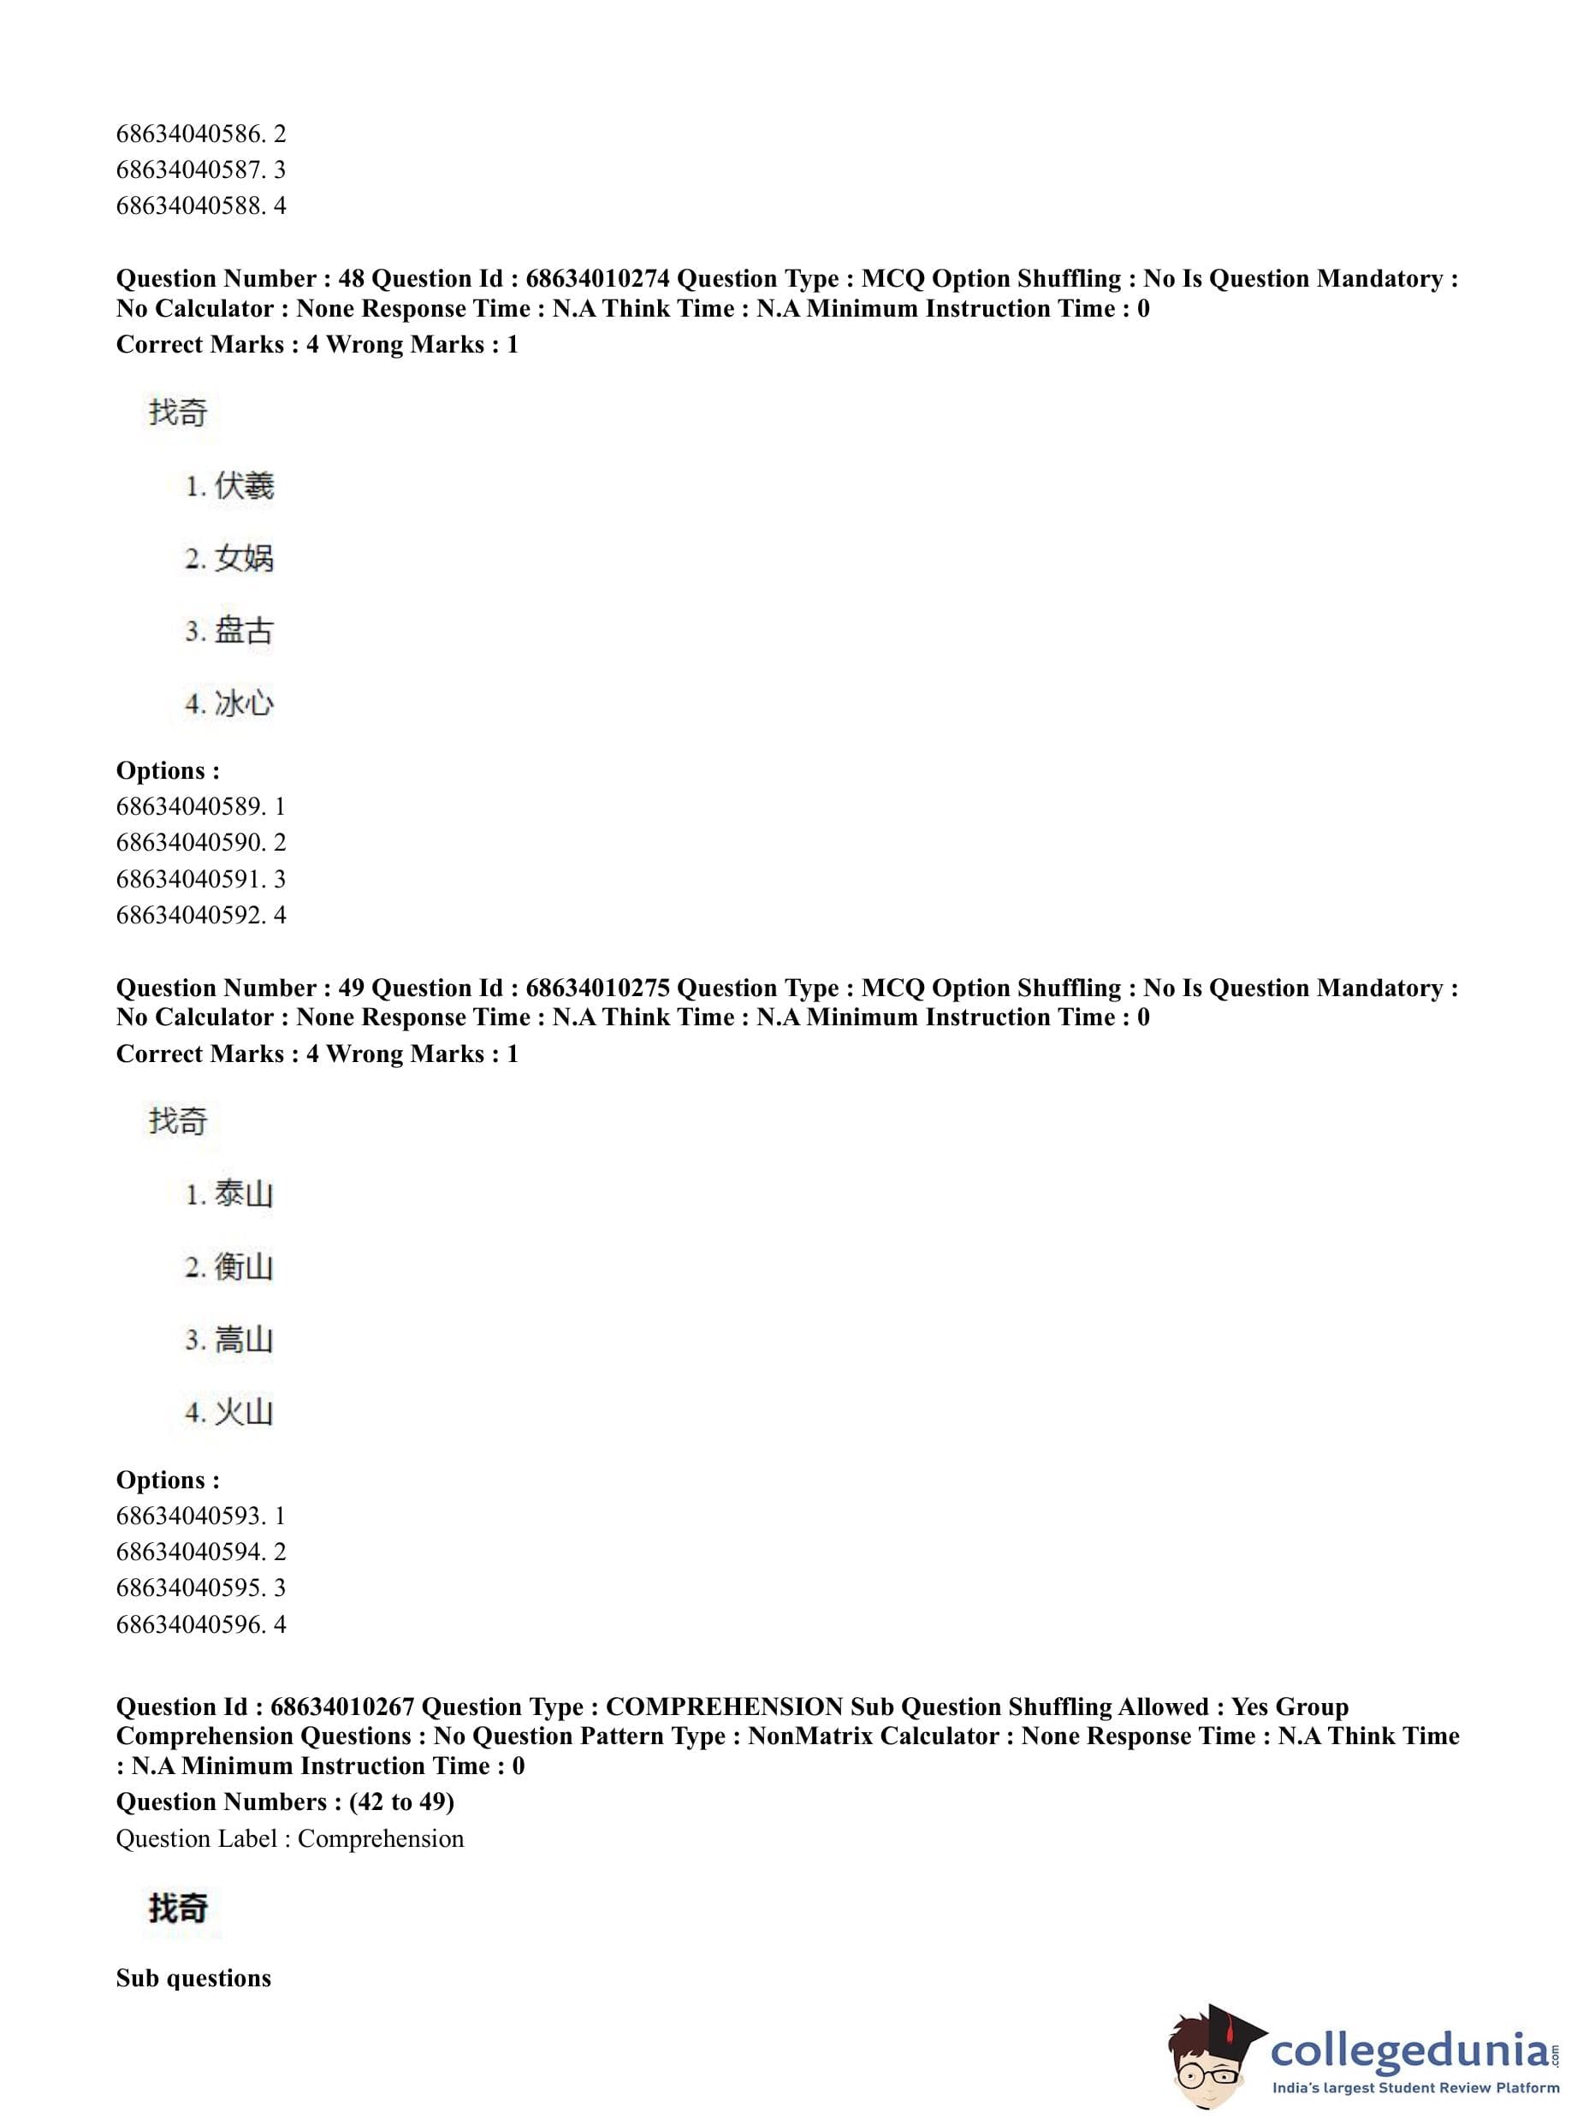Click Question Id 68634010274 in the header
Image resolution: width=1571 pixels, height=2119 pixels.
coord(597,279)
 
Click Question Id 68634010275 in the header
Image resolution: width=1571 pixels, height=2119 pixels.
coord(597,988)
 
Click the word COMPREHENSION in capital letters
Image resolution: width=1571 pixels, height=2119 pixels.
coord(724,1707)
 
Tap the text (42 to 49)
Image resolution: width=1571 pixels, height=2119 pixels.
coord(401,1802)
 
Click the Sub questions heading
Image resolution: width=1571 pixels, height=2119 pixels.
coord(193,1979)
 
